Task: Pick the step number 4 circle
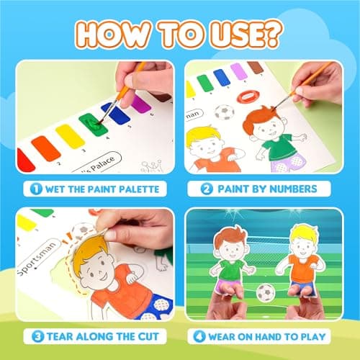199,335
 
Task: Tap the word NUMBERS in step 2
300,190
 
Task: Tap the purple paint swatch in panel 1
141,105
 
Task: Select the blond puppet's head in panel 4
300,238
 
